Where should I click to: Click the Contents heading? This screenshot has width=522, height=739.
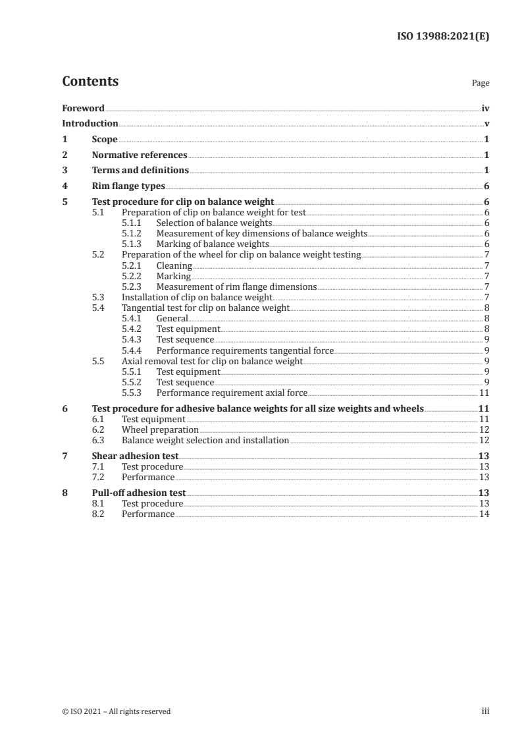tap(90, 82)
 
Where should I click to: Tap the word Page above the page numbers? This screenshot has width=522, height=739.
tap(481, 84)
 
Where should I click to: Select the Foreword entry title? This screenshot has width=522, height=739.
tap(83, 108)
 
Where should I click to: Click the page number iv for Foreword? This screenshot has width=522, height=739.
tap(485, 108)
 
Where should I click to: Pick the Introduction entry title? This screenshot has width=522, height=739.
tap(90, 123)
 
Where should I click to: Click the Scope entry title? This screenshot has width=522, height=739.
tap(105, 139)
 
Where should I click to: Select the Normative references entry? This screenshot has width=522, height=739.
tap(140, 155)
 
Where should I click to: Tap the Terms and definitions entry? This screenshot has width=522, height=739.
tap(140, 171)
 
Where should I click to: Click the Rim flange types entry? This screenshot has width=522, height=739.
tap(128, 186)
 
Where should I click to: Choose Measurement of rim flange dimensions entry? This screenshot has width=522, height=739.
tap(236, 287)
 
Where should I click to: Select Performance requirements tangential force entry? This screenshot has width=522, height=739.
tap(245, 350)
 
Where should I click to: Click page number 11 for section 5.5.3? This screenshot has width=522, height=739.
tap(484, 393)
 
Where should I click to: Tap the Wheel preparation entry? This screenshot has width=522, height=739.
tap(160, 429)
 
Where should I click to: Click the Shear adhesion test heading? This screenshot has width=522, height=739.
tap(135, 456)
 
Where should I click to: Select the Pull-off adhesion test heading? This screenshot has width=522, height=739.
tap(139, 493)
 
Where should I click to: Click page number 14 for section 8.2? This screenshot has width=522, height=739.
tap(484, 514)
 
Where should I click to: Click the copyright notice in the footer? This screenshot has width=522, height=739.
tap(116, 711)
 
